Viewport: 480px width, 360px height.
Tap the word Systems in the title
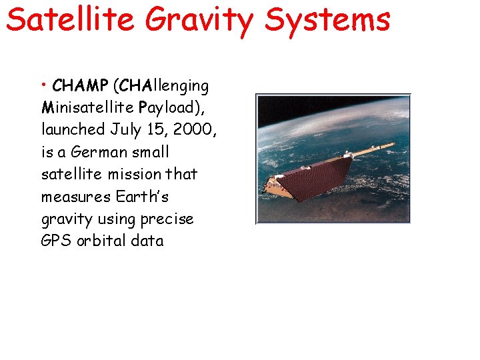coord(327,19)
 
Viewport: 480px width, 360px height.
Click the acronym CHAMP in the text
coord(80,86)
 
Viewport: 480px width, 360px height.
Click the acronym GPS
coord(55,241)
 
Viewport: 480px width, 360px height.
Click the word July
coord(125,130)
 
